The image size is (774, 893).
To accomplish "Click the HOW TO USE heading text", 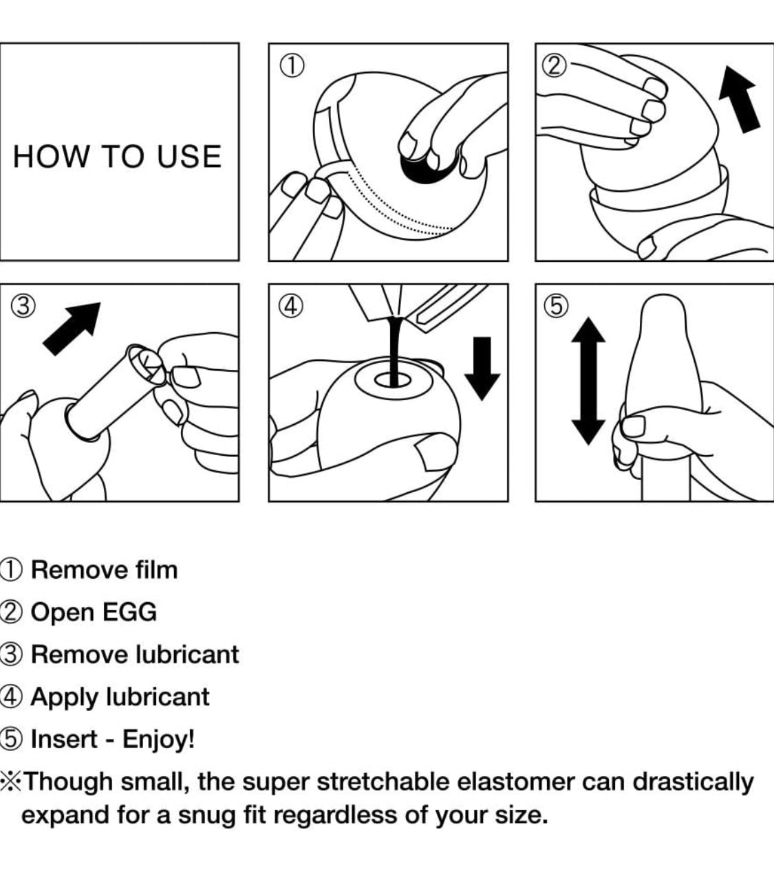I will click(117, 157).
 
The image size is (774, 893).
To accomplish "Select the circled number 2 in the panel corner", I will click(555, 66).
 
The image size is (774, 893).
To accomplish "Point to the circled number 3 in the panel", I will click(23, 307).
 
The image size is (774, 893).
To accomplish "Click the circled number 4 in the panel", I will click(291, 307).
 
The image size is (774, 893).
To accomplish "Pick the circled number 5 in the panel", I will click(557, 307).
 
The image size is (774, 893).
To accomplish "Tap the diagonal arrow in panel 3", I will click(73, 329).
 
